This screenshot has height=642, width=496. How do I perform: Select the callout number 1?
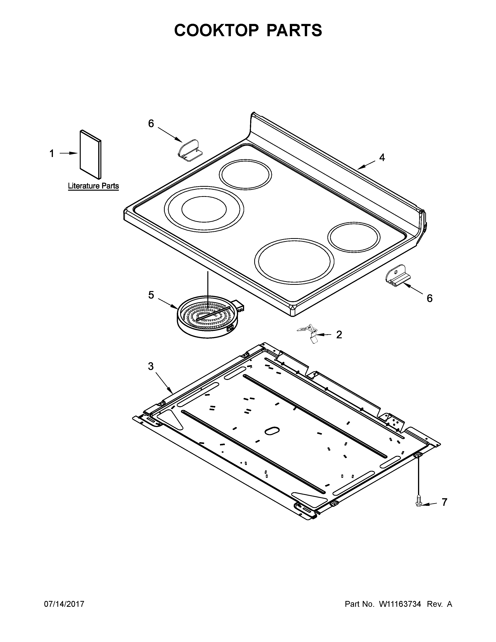pyautogui.click(x=52, y=153)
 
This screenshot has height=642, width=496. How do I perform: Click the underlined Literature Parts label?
pyautogui.click(x=93, y=186)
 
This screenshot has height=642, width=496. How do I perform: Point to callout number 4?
pyautogui.click(x=382, y=158)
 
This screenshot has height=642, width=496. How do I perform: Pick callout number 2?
pyautogui.click(x=339, y=335)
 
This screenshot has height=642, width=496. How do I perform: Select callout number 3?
pyautogui.click(x=151, y=366)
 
